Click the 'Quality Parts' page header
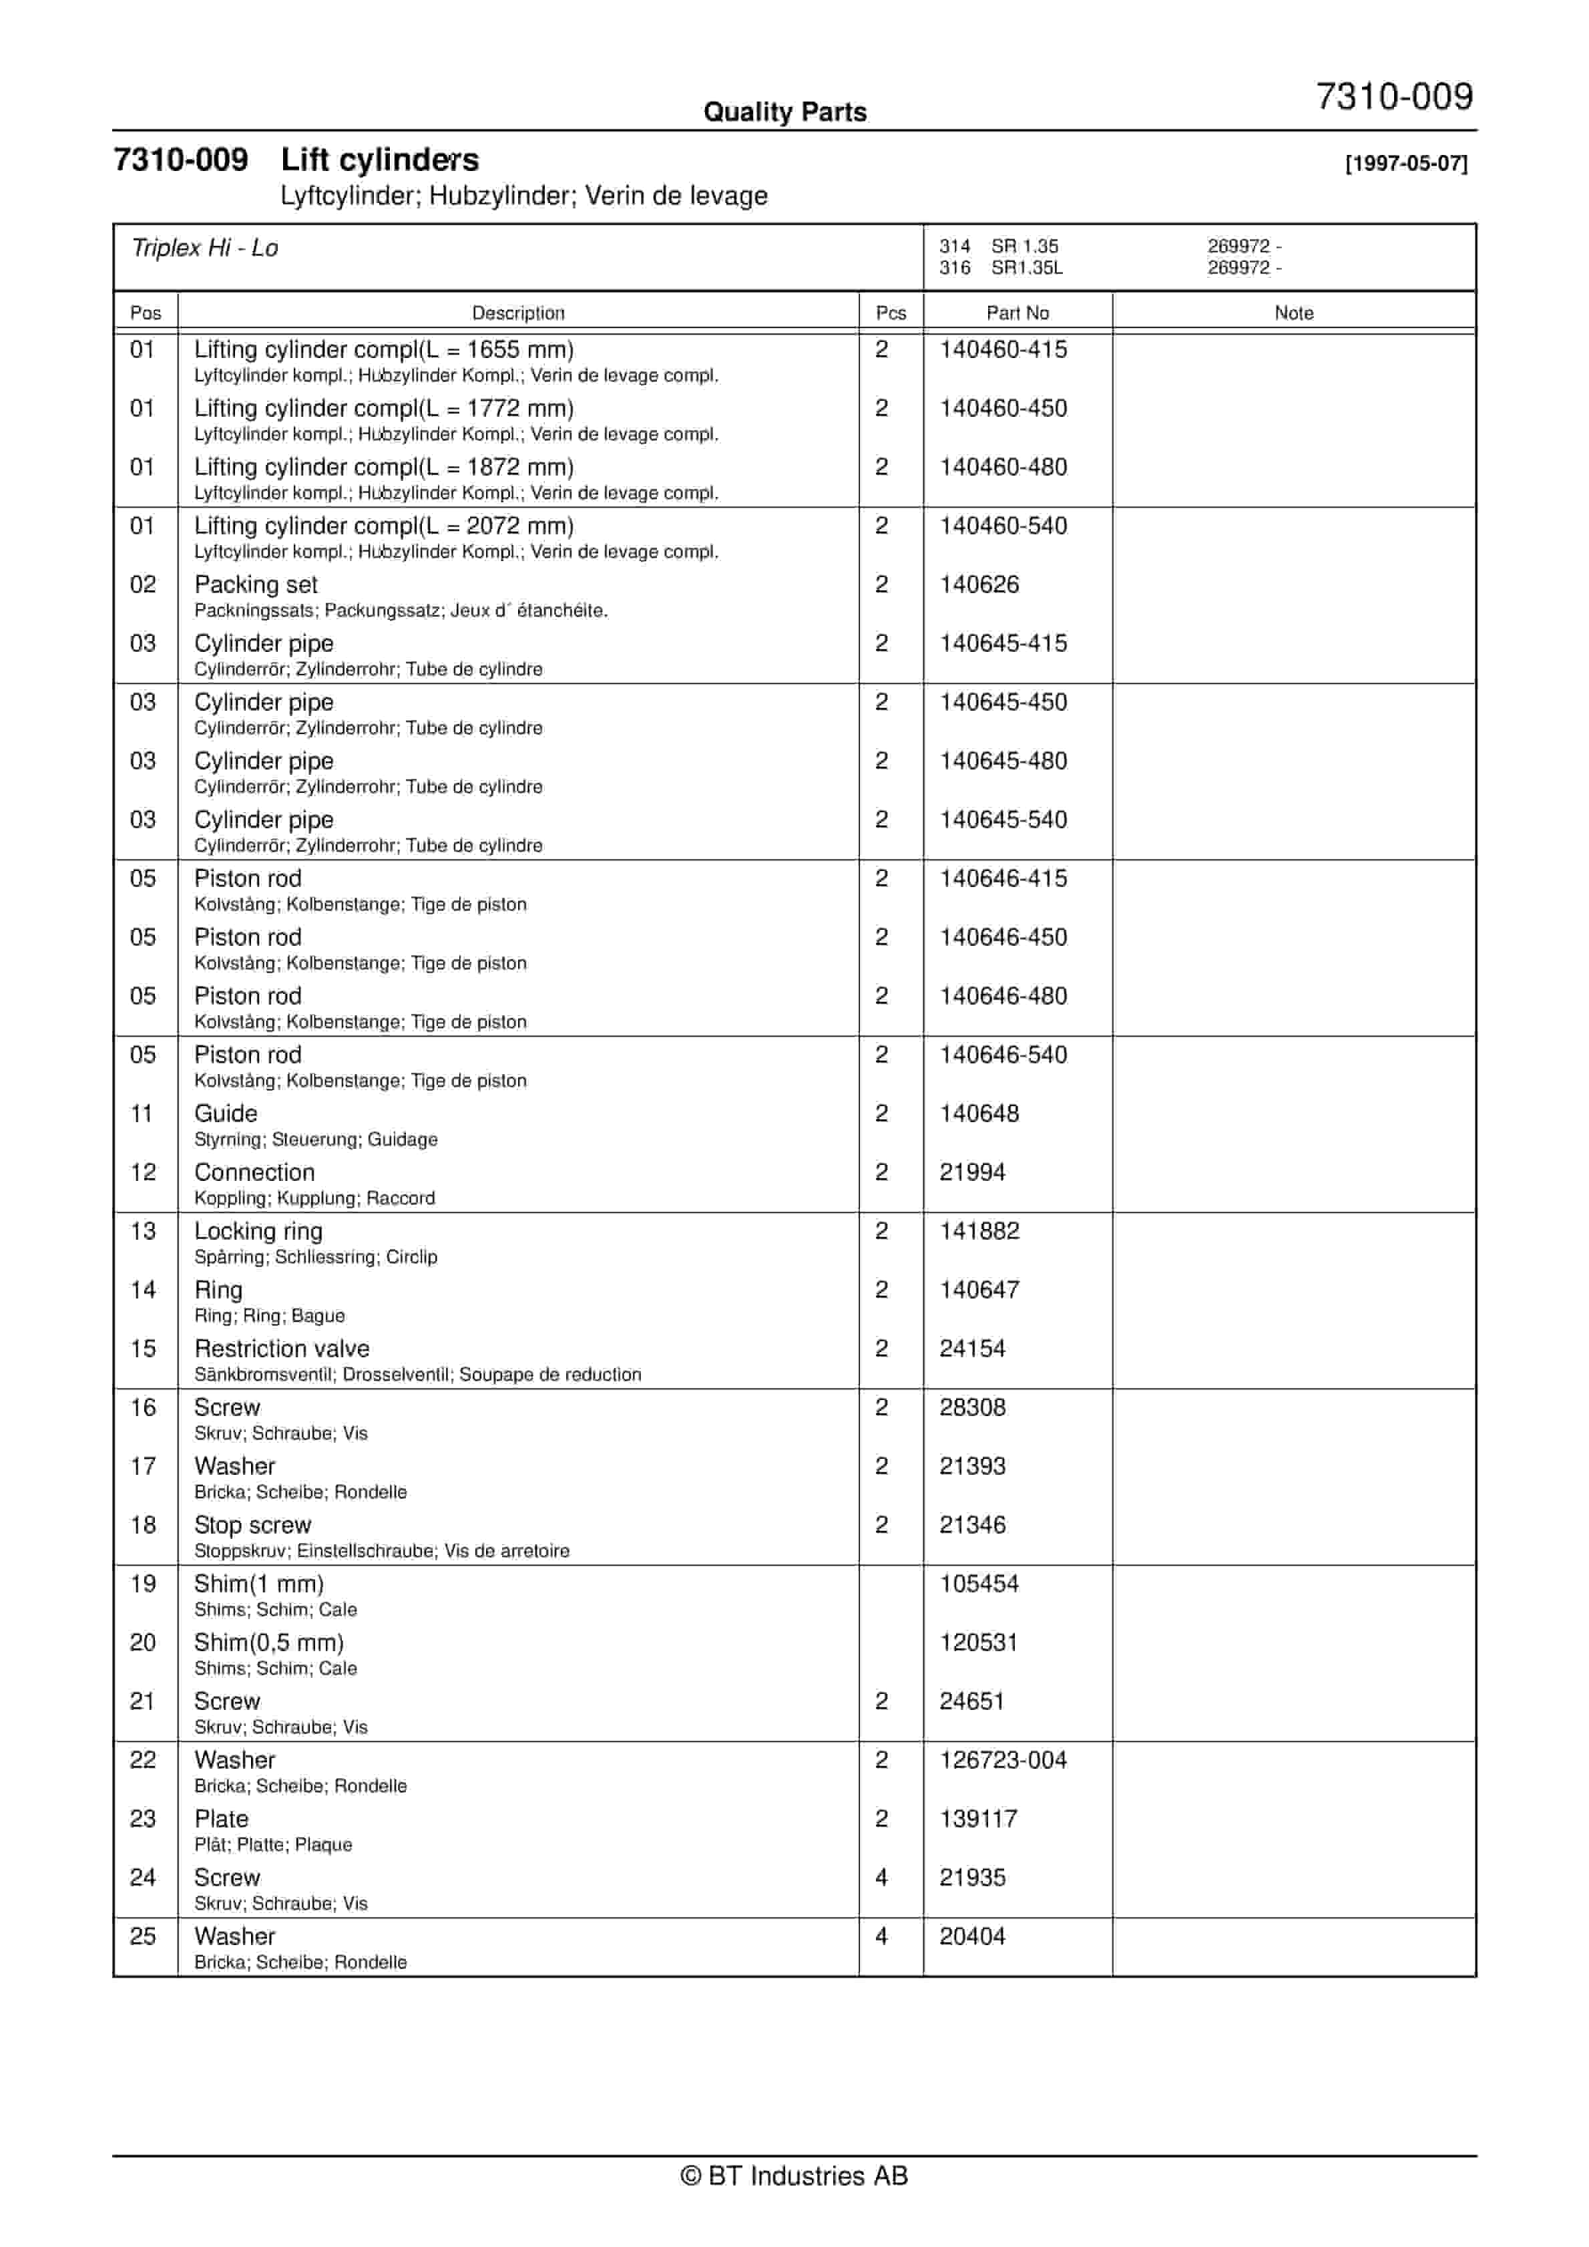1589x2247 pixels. point(784,112)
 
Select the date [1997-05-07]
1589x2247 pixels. point(1406,164)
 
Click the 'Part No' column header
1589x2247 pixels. point(1017,313)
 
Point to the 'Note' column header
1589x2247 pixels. point(1293,313)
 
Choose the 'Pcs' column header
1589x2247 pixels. point(891,313)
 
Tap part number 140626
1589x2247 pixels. point(979,585)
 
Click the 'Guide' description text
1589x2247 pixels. point(226,1113)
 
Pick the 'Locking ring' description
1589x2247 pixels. point(258,1231)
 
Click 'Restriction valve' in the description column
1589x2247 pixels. point(282,1349)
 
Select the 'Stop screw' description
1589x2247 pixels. point(252,1525)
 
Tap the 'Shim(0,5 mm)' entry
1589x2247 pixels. point(269,1643)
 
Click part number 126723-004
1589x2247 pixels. point(1003,1759)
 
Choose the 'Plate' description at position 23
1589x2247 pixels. point(221,1818)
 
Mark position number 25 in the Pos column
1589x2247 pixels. point(143,1936)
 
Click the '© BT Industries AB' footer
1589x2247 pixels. point(794,2176)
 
